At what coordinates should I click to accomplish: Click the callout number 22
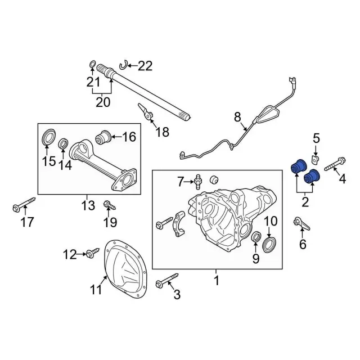(145, 66)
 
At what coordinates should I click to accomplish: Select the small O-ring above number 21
(92, 64)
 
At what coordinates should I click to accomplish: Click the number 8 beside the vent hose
(237, 116)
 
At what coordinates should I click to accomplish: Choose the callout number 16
(129, 137)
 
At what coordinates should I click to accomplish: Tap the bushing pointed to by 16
(103, 137)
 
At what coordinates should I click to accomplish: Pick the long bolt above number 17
(24, 204)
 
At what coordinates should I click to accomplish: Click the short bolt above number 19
(110, 205)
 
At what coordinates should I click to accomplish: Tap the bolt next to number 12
(93, 253)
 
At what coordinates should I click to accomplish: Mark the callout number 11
(96, 290)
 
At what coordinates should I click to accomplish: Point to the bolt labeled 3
(167, 280)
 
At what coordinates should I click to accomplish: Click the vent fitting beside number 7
(198, 182)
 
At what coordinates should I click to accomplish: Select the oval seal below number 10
(268, 245)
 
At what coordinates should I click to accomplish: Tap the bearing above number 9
(256, 237)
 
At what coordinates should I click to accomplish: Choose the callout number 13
(88, 205)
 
